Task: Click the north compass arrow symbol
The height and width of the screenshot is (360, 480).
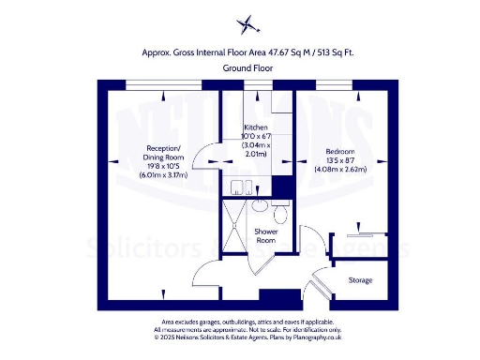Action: [247, 23]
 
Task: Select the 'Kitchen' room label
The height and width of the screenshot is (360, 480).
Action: [256, 127]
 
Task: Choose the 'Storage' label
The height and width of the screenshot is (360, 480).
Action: [360, 279]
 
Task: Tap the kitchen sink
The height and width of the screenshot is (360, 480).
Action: [244, 186]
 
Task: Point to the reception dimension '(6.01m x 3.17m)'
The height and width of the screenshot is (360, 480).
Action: [163, 175]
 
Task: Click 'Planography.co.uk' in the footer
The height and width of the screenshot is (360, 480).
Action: [310, 335]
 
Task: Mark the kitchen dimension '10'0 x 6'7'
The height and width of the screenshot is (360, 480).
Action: [256, 137]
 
